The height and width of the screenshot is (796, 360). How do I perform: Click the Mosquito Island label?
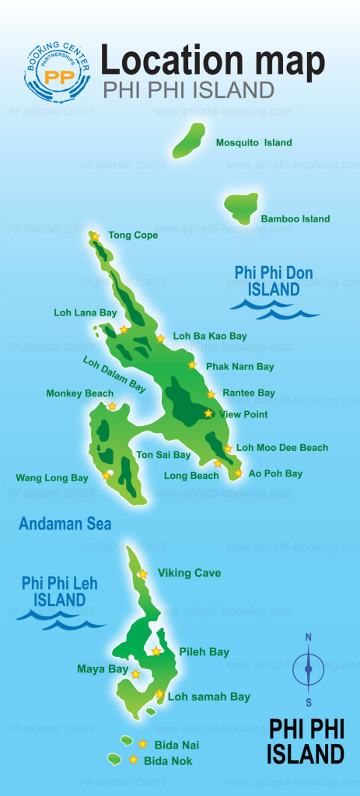pyautogui.click(x=253, y=143)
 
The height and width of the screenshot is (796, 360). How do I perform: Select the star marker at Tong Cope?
pyautogui.click(x=95, y=236)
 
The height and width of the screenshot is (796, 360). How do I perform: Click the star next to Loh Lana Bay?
pyautogui.click(x=123, y=330)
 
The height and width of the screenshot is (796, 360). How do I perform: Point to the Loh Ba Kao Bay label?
pyautogui.click(x=209, y=337)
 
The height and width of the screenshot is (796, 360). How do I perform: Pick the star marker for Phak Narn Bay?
pyautogui.click(x=192, y=365)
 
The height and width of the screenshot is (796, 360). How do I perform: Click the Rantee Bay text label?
pyautogui.click(x=248, y=393)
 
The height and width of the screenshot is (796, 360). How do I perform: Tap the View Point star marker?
pyautogui.click(x=208, y=414)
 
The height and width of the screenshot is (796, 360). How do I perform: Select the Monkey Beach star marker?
pyautogui.click(x=112, y=407)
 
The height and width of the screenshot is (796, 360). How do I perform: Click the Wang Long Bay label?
pyautogui.click(x=52, y=478)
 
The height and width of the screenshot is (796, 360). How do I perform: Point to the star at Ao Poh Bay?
pyautogui.click(x=238, y=473)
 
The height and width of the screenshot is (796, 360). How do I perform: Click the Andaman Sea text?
pyautogui.click(x=65, y=524)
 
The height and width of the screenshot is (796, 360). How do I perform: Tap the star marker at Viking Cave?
pyautogui.click(x=143, y=574)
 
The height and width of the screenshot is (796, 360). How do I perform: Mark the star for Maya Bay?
pyautogui.click(x=136, y=674)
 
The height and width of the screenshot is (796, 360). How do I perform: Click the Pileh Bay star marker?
pyautogui.click(x=156, y=651)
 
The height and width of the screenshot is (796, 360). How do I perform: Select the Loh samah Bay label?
pyautogui.click(x=208, y=697)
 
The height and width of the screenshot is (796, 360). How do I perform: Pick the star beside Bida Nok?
pyautogui.click(x=134, y=759)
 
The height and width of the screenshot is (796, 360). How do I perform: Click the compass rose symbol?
pyautogui.click(x=308, y=669)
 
